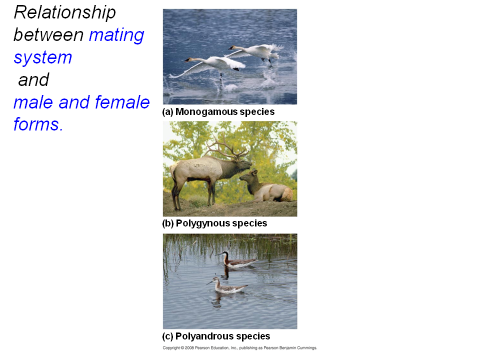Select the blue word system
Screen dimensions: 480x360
pyautogui.click(x=43, y=58)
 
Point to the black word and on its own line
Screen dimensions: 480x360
pyautogui.click(x=33, y=80)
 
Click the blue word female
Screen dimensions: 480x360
pyautogui.click(x=122, y=102)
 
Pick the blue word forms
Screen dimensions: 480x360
pyautogui.click(x=38, y=124)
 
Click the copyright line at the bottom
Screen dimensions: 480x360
pyautogui.click(x=239, y=348)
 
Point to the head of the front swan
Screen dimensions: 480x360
pyautogui.click(x=187, y=59)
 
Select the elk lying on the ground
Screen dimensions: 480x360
pyautogui.click(x=266, y=186)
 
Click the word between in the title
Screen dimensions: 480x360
pyautogui.click(x=48, y=35)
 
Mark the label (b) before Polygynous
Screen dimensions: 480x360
pyautogui.click(x=168, y=223)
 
